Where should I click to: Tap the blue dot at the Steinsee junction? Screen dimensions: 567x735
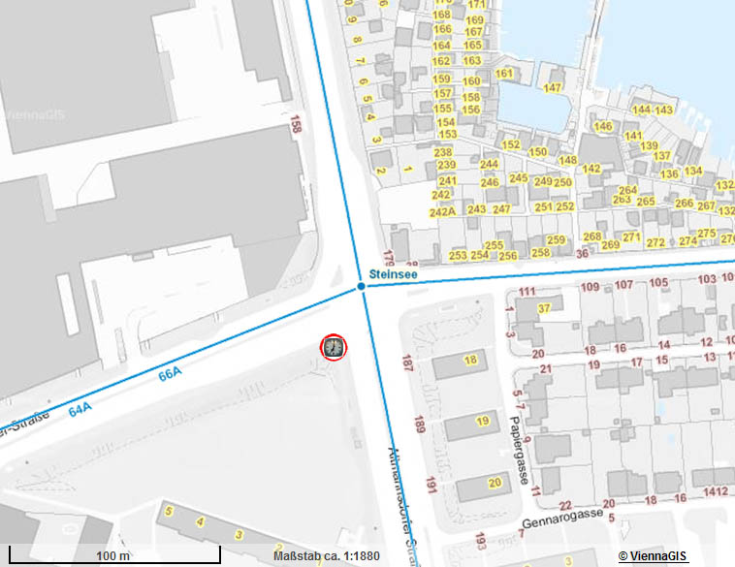[361, 287]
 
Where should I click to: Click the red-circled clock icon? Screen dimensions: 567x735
[333, 346]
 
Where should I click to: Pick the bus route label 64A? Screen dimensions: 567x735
[80, 410]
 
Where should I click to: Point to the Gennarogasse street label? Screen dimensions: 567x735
[561, 517]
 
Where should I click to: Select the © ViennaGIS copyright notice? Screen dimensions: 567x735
[653, 555]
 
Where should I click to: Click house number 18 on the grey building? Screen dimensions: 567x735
[471, 361]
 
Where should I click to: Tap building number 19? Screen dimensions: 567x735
[482, 421]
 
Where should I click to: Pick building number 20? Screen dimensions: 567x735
[494, 483]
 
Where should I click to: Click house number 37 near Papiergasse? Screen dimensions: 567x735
[544, 308]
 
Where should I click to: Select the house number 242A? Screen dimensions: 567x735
[443, 210]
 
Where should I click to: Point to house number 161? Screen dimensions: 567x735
[503, 74]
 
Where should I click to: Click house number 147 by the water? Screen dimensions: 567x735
[553, 88]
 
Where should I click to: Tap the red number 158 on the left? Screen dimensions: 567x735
[296, 127]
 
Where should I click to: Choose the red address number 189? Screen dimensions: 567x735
[419, 425]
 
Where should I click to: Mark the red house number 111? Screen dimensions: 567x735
[527, 292]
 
